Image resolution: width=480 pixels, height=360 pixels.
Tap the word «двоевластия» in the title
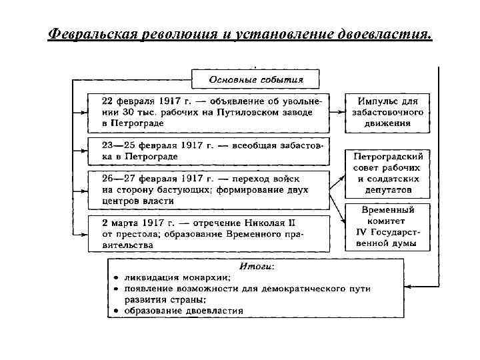385,33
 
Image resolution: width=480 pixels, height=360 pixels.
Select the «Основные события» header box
256,79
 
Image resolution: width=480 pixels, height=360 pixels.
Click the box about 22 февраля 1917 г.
209,112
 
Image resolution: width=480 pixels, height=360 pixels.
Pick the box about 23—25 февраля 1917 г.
209,151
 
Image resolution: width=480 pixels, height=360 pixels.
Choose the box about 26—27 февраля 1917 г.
209,189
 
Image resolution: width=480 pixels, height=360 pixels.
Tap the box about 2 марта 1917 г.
209,233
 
